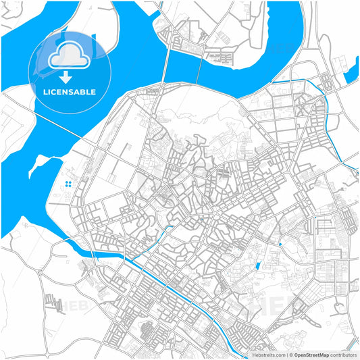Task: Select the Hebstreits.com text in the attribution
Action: tap(267, 355)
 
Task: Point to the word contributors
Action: tap(343, 355)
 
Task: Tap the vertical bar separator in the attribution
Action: tap(286, 355)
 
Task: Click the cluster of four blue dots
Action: tap(68, 184)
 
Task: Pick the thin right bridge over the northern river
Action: tap(199, 68)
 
